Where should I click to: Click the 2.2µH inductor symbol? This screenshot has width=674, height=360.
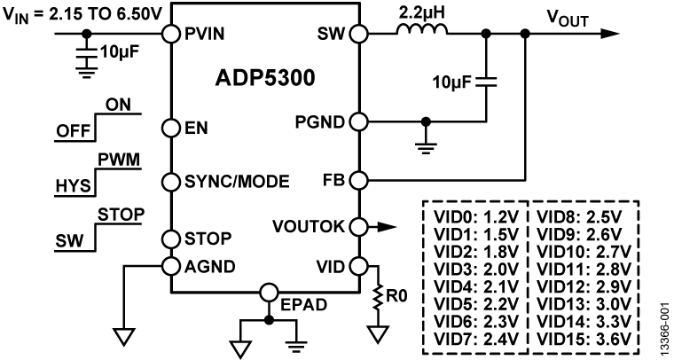pyautogui.click(x=419, y=32)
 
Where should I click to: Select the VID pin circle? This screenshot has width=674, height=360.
pyautogui.click(x=357, y=264)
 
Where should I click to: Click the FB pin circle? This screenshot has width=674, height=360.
pyautogui.click(x=357, y=181)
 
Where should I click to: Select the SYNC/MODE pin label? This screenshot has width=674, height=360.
pyautogui.click(x=237, y=182)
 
